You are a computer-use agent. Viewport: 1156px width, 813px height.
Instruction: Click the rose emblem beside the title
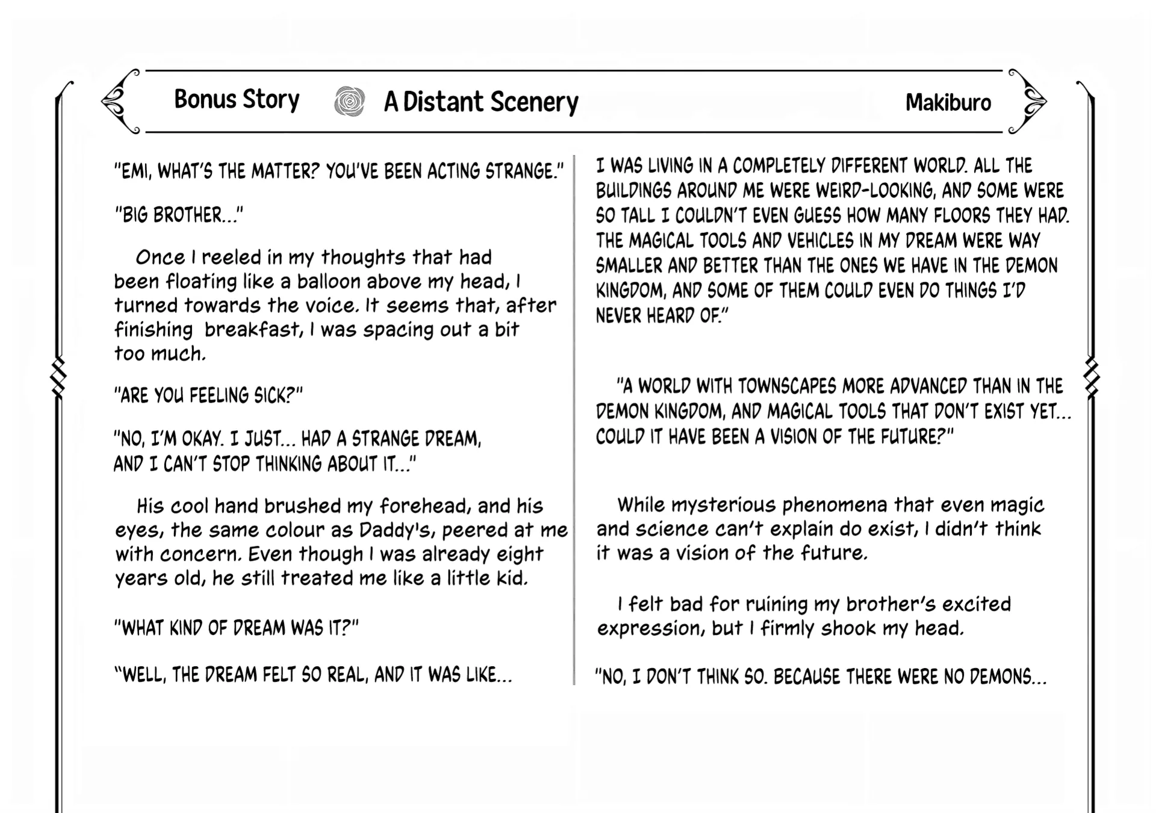349,101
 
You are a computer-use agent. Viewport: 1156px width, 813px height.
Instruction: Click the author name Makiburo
948,103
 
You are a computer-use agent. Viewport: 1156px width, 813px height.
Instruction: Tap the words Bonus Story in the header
237,100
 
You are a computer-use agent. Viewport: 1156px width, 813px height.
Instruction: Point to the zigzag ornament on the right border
1091,378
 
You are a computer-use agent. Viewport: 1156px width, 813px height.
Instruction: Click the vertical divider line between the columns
574,421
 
